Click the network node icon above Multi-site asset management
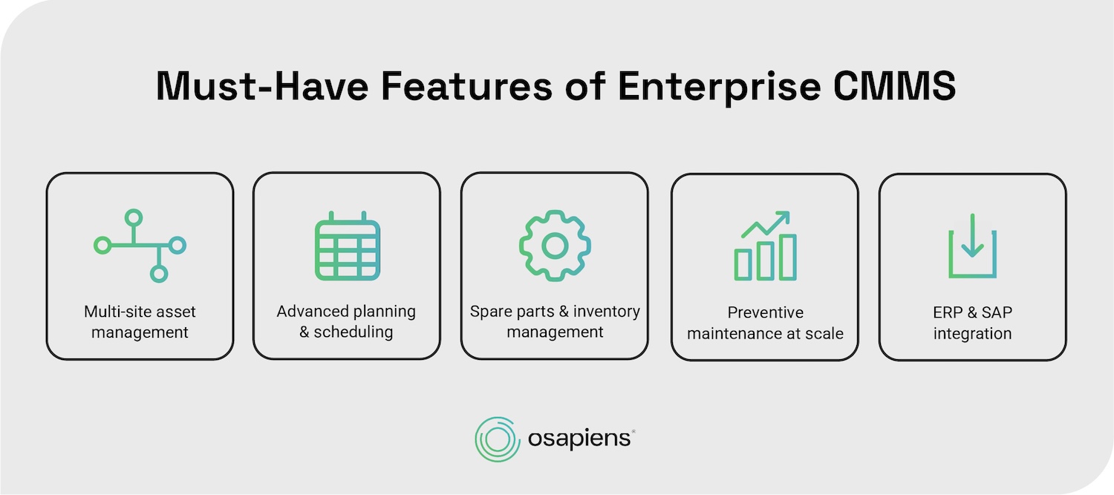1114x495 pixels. (x=140, y=245)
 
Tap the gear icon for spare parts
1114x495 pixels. (x=555, y=245)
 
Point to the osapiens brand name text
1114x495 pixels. (x=579, y=439)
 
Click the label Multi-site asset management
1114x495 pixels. (x=140, y=322)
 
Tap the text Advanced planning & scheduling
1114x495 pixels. (x=346, y=321)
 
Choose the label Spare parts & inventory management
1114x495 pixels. (x=555, y=321)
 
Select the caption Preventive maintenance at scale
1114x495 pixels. (x=765, y=323)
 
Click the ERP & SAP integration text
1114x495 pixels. (x=972, y=323)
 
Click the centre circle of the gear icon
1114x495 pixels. (x=555, y=245)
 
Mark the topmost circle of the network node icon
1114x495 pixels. (x=133, y=217)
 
